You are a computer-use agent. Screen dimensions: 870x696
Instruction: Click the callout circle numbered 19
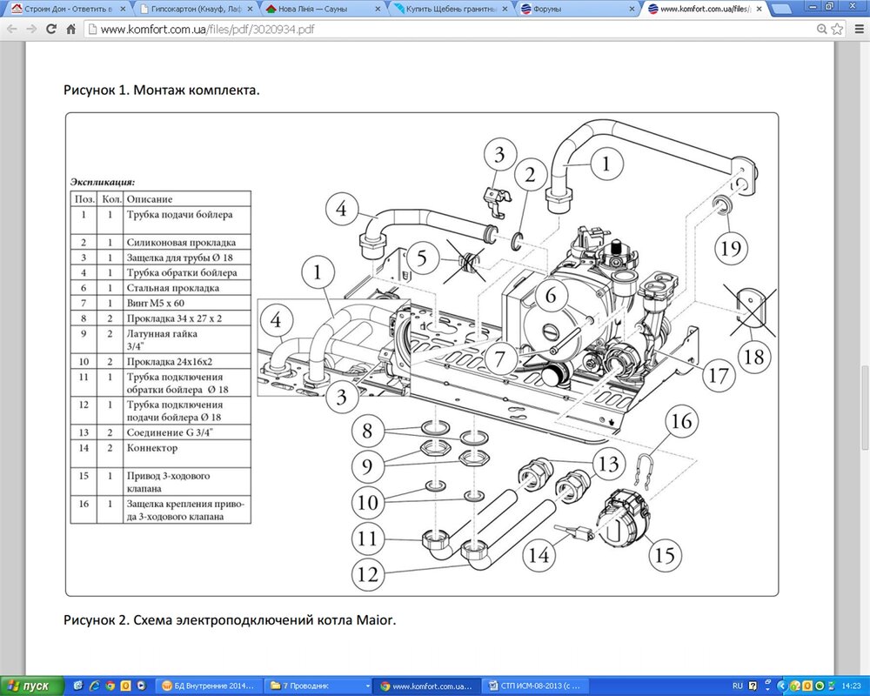(731, 248)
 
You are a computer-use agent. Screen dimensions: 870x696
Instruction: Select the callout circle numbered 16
(681, 422)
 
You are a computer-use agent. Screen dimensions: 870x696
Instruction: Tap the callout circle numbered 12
(368, 574)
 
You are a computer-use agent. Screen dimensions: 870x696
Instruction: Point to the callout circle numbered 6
(551, 295)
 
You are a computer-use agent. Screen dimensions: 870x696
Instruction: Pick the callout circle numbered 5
(423, 258)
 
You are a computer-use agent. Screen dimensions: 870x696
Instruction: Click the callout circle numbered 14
(539, 554)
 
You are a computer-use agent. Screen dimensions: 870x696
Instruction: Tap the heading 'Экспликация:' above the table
(103, 182)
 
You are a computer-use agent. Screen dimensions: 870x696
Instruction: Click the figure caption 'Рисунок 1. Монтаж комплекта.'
(162, 90)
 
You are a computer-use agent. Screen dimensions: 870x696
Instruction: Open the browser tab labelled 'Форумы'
(577, 9)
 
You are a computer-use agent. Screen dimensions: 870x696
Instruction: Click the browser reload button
(51, 29)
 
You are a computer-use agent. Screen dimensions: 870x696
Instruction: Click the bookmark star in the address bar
(837, 29)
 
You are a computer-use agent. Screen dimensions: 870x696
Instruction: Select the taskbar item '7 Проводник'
(318, 686)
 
